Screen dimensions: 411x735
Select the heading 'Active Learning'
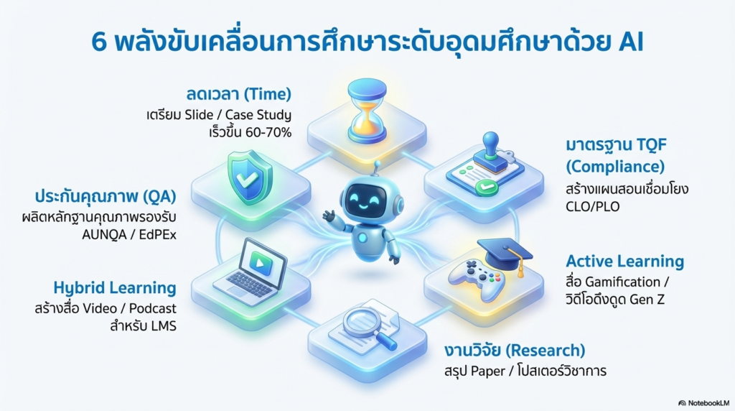[x=624, y=261]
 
